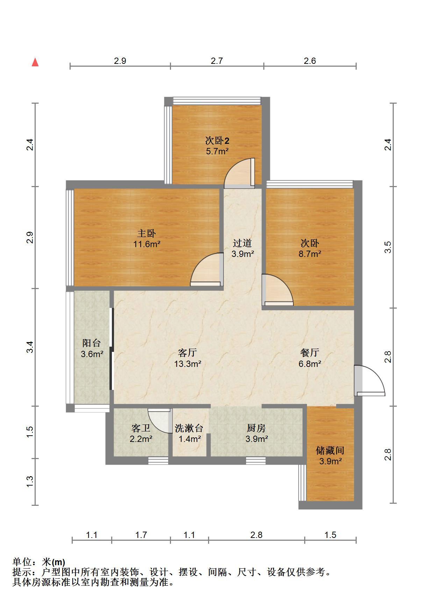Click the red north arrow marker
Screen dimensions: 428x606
click(35, 62)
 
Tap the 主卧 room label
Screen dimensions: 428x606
click(147, 233)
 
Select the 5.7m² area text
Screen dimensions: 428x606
click(217, 151)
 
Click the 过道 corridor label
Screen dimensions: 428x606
click(242, 243)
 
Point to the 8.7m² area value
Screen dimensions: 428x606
click(310, 254)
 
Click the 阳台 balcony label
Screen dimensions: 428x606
click(92, 343)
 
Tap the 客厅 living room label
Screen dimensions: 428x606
click(187, 353)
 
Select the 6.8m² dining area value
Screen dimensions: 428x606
click(310, 364)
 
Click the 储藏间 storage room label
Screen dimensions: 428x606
click(330, 450)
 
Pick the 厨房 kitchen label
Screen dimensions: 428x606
click(256, 428)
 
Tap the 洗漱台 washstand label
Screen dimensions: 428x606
click(189, 428)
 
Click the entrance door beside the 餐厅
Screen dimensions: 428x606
click(370, 380)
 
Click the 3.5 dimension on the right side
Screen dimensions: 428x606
click(387, 247)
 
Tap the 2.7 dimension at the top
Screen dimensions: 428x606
click(217, 61)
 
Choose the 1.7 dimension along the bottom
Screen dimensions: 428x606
click(141, 535)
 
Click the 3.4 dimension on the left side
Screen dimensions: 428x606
click(30, 347)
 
